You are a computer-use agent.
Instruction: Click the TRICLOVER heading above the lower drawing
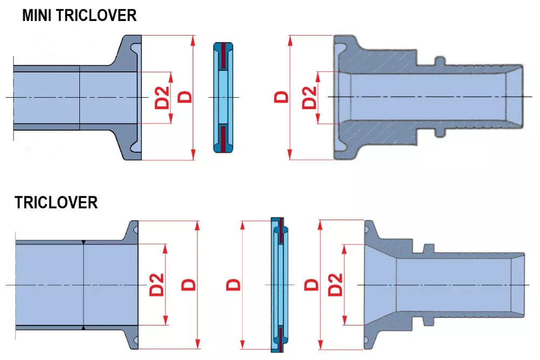coord(56,202)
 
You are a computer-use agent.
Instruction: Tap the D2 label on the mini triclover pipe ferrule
coord(163,97)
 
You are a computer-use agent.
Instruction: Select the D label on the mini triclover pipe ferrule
coord(186,97)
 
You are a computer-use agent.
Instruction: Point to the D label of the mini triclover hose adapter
coord(281,97)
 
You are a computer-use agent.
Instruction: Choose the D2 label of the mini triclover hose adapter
coord(309,98)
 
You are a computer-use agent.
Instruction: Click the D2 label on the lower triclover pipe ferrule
coord(157,284)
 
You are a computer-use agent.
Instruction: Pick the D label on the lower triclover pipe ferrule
coord(188,284)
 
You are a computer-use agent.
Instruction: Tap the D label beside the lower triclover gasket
coord(233,284)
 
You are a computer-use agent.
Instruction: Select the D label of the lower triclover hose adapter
coord(312,284)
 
